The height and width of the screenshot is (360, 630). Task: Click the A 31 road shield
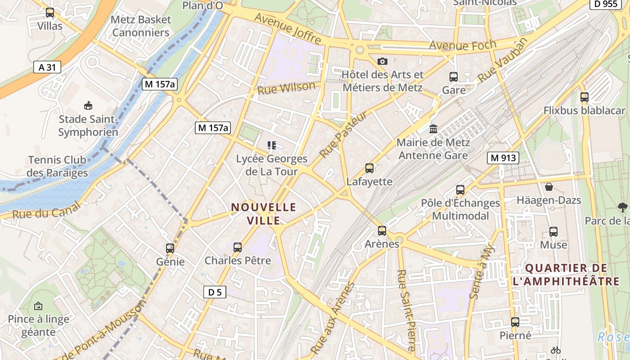coord(47,67)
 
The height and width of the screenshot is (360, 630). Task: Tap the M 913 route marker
coord(503,158)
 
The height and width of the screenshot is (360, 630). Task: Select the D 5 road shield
coord(215,292)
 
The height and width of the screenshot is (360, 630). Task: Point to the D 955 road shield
coord(603,4)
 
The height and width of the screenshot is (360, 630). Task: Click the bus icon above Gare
coord(453,77)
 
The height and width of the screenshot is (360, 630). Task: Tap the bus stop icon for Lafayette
coord(369,168)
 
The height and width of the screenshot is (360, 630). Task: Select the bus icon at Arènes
coord(382,230)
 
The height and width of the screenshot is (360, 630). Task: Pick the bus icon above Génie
coord(170,248)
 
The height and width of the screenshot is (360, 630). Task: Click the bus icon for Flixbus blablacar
coord(585,97)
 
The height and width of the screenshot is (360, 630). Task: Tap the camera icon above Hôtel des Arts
coord(382,61)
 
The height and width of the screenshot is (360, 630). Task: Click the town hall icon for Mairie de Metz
coord(433,129)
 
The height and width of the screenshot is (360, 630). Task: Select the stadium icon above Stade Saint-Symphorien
coord(88,106)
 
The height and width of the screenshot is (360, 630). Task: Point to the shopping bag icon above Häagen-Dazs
coord(549,186)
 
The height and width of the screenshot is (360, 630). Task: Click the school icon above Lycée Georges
coord(272,145)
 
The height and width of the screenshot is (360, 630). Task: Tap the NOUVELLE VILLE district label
coord(264,214)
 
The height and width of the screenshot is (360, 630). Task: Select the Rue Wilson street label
coord(286,88)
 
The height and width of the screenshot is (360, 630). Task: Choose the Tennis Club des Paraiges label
coord(57,166)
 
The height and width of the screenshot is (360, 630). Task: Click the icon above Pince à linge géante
coord(38,306)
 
